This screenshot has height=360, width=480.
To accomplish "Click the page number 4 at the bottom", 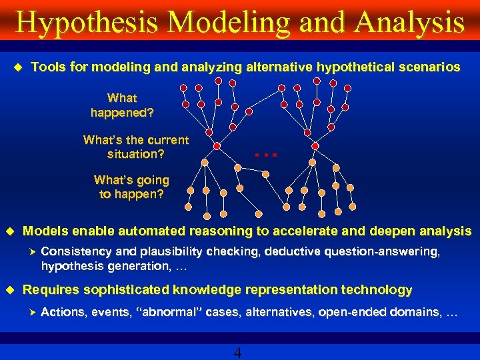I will coord(238,353).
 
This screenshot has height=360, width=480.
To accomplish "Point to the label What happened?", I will coord(122,105).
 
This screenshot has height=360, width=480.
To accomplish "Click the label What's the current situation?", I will coord(136,147).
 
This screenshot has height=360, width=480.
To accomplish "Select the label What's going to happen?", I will coord(131,187).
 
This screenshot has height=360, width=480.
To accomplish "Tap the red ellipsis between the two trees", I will coord(265,155).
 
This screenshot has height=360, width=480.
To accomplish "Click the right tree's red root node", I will coord(315,145).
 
